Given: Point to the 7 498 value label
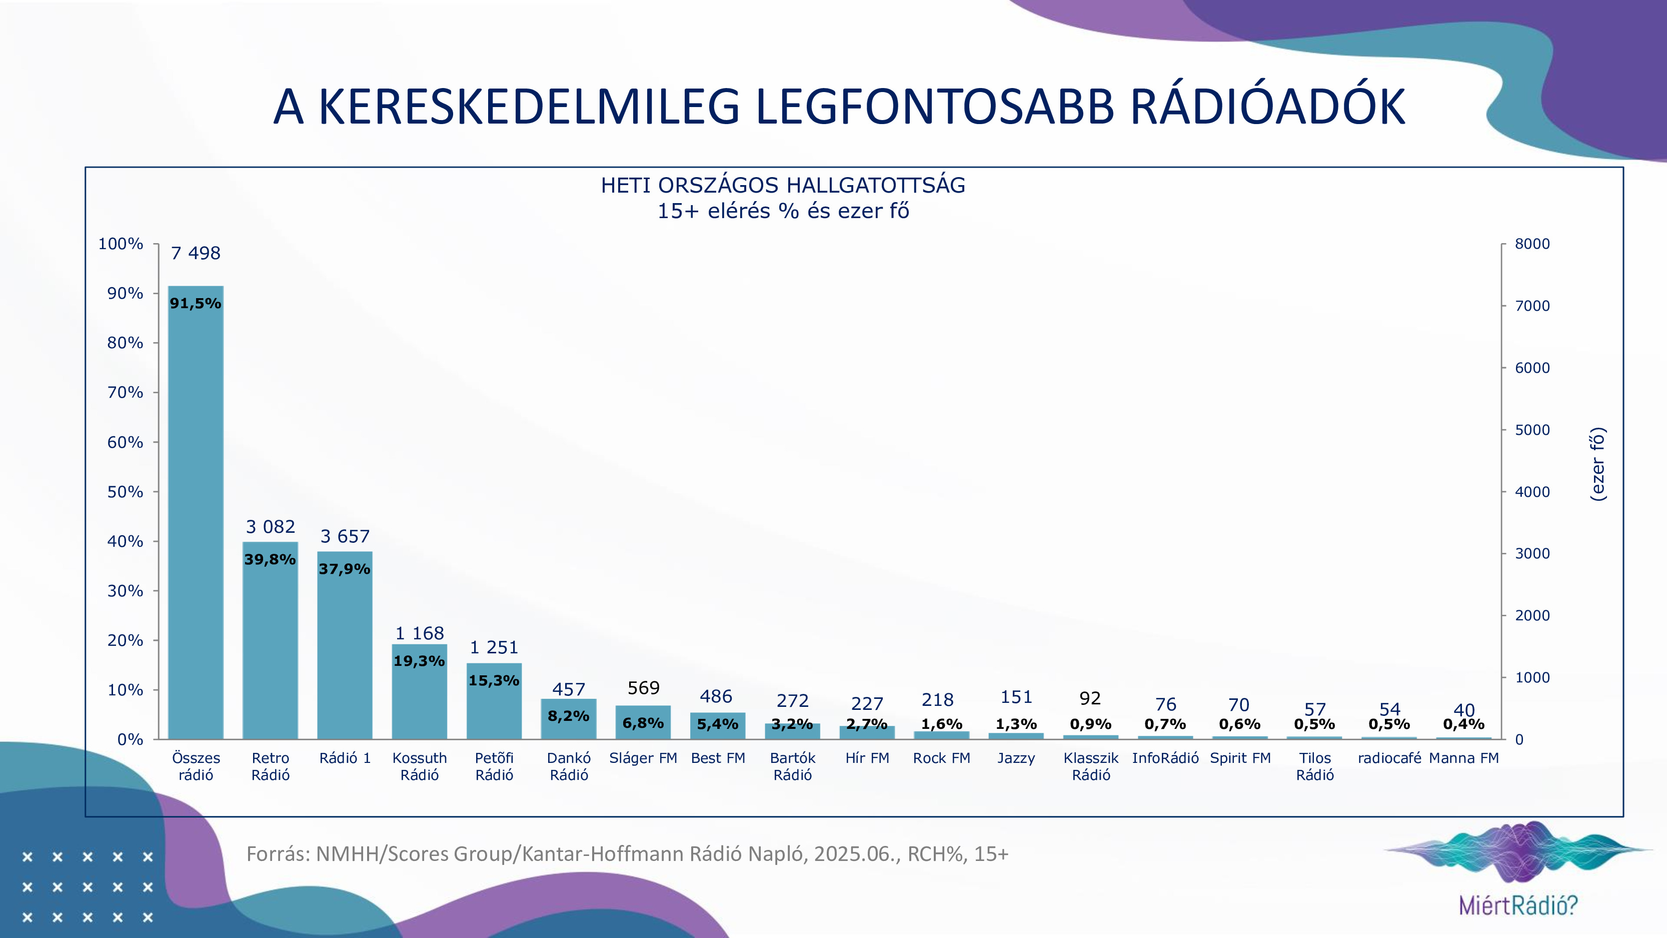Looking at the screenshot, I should pyautogui.click(x=196, y=253).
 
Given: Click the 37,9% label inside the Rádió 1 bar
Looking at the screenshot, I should pyautogui.click(x=344, y=569).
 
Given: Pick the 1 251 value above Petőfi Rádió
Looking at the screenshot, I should pyautogui.click(x=494, y=647).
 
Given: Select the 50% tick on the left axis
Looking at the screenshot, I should pyautogui.click(x=125, y=492).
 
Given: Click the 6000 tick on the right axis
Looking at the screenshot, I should pyautogui.click(x=1532, y=368).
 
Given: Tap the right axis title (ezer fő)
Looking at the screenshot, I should pyautogui.click(x=1598, y=464).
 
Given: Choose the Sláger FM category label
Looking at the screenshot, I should pyautogui.click(x=643, y=758).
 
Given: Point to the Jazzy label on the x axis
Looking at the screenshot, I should pyautogui.click(x=1016, y=758).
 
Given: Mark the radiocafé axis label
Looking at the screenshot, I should pyautogui.click(x=1389, y=758).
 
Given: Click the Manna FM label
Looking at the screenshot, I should pyautogui.click(x=1464, y=758).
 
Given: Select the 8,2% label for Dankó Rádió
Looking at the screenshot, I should pyautogui.click(x=568, y=716).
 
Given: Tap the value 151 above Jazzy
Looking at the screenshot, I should pyautogui.click(x=1016, y=697).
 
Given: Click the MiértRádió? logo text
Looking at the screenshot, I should pyautogui.click(x=1518, y=905).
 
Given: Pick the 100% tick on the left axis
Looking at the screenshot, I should pyautogui.click(x=121, y=244).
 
